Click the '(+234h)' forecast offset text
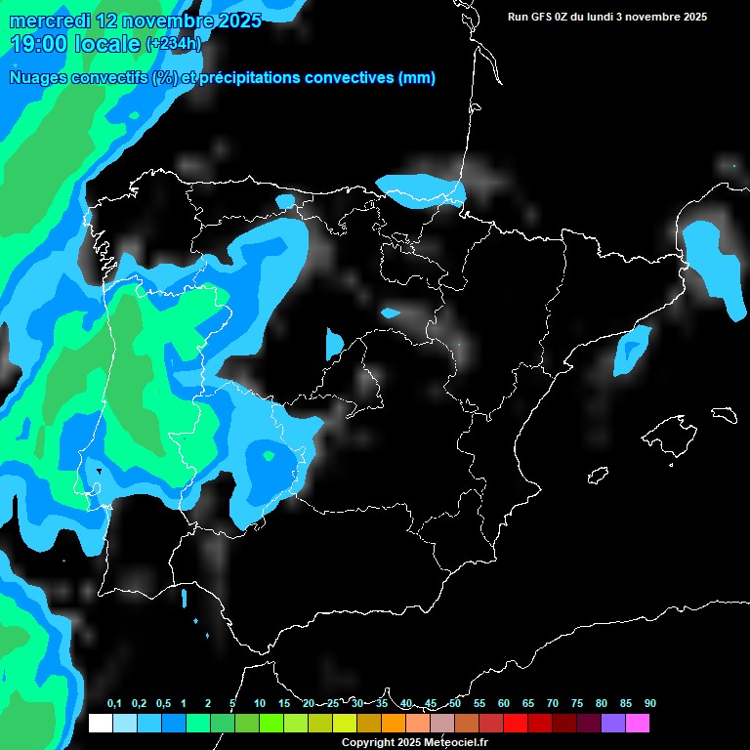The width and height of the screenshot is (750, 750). [173, 44]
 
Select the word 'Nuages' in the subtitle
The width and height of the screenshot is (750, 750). [38, 78]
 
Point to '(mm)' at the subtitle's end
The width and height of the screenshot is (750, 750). [417, 78]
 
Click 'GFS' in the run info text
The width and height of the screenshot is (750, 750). [543, 17]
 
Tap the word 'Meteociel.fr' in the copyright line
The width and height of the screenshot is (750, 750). [456, 742]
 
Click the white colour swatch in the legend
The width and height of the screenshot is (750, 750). [100, 724]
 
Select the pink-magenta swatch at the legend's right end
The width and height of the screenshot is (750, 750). [637, 724]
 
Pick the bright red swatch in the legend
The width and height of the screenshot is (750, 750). [515, 724]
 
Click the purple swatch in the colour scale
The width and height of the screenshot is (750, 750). [612, 724]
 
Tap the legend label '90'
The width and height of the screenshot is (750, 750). [649, 704]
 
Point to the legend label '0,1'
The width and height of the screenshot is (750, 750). [114, 704]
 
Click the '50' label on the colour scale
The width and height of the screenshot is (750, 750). [455, 704]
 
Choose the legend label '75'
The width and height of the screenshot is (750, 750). [576, 704]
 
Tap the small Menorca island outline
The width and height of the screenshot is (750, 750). [724, 415]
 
